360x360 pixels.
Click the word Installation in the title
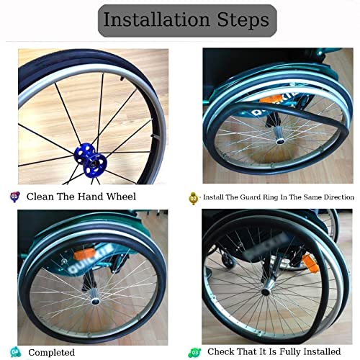[x=153, y=19]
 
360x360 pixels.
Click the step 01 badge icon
[x=15, y=196]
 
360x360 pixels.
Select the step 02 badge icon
[x=193, y=197]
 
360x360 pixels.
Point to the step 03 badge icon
[x=193, y=351]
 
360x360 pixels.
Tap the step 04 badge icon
[x=15, y=351]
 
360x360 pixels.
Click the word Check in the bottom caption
[x=224, y=352]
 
